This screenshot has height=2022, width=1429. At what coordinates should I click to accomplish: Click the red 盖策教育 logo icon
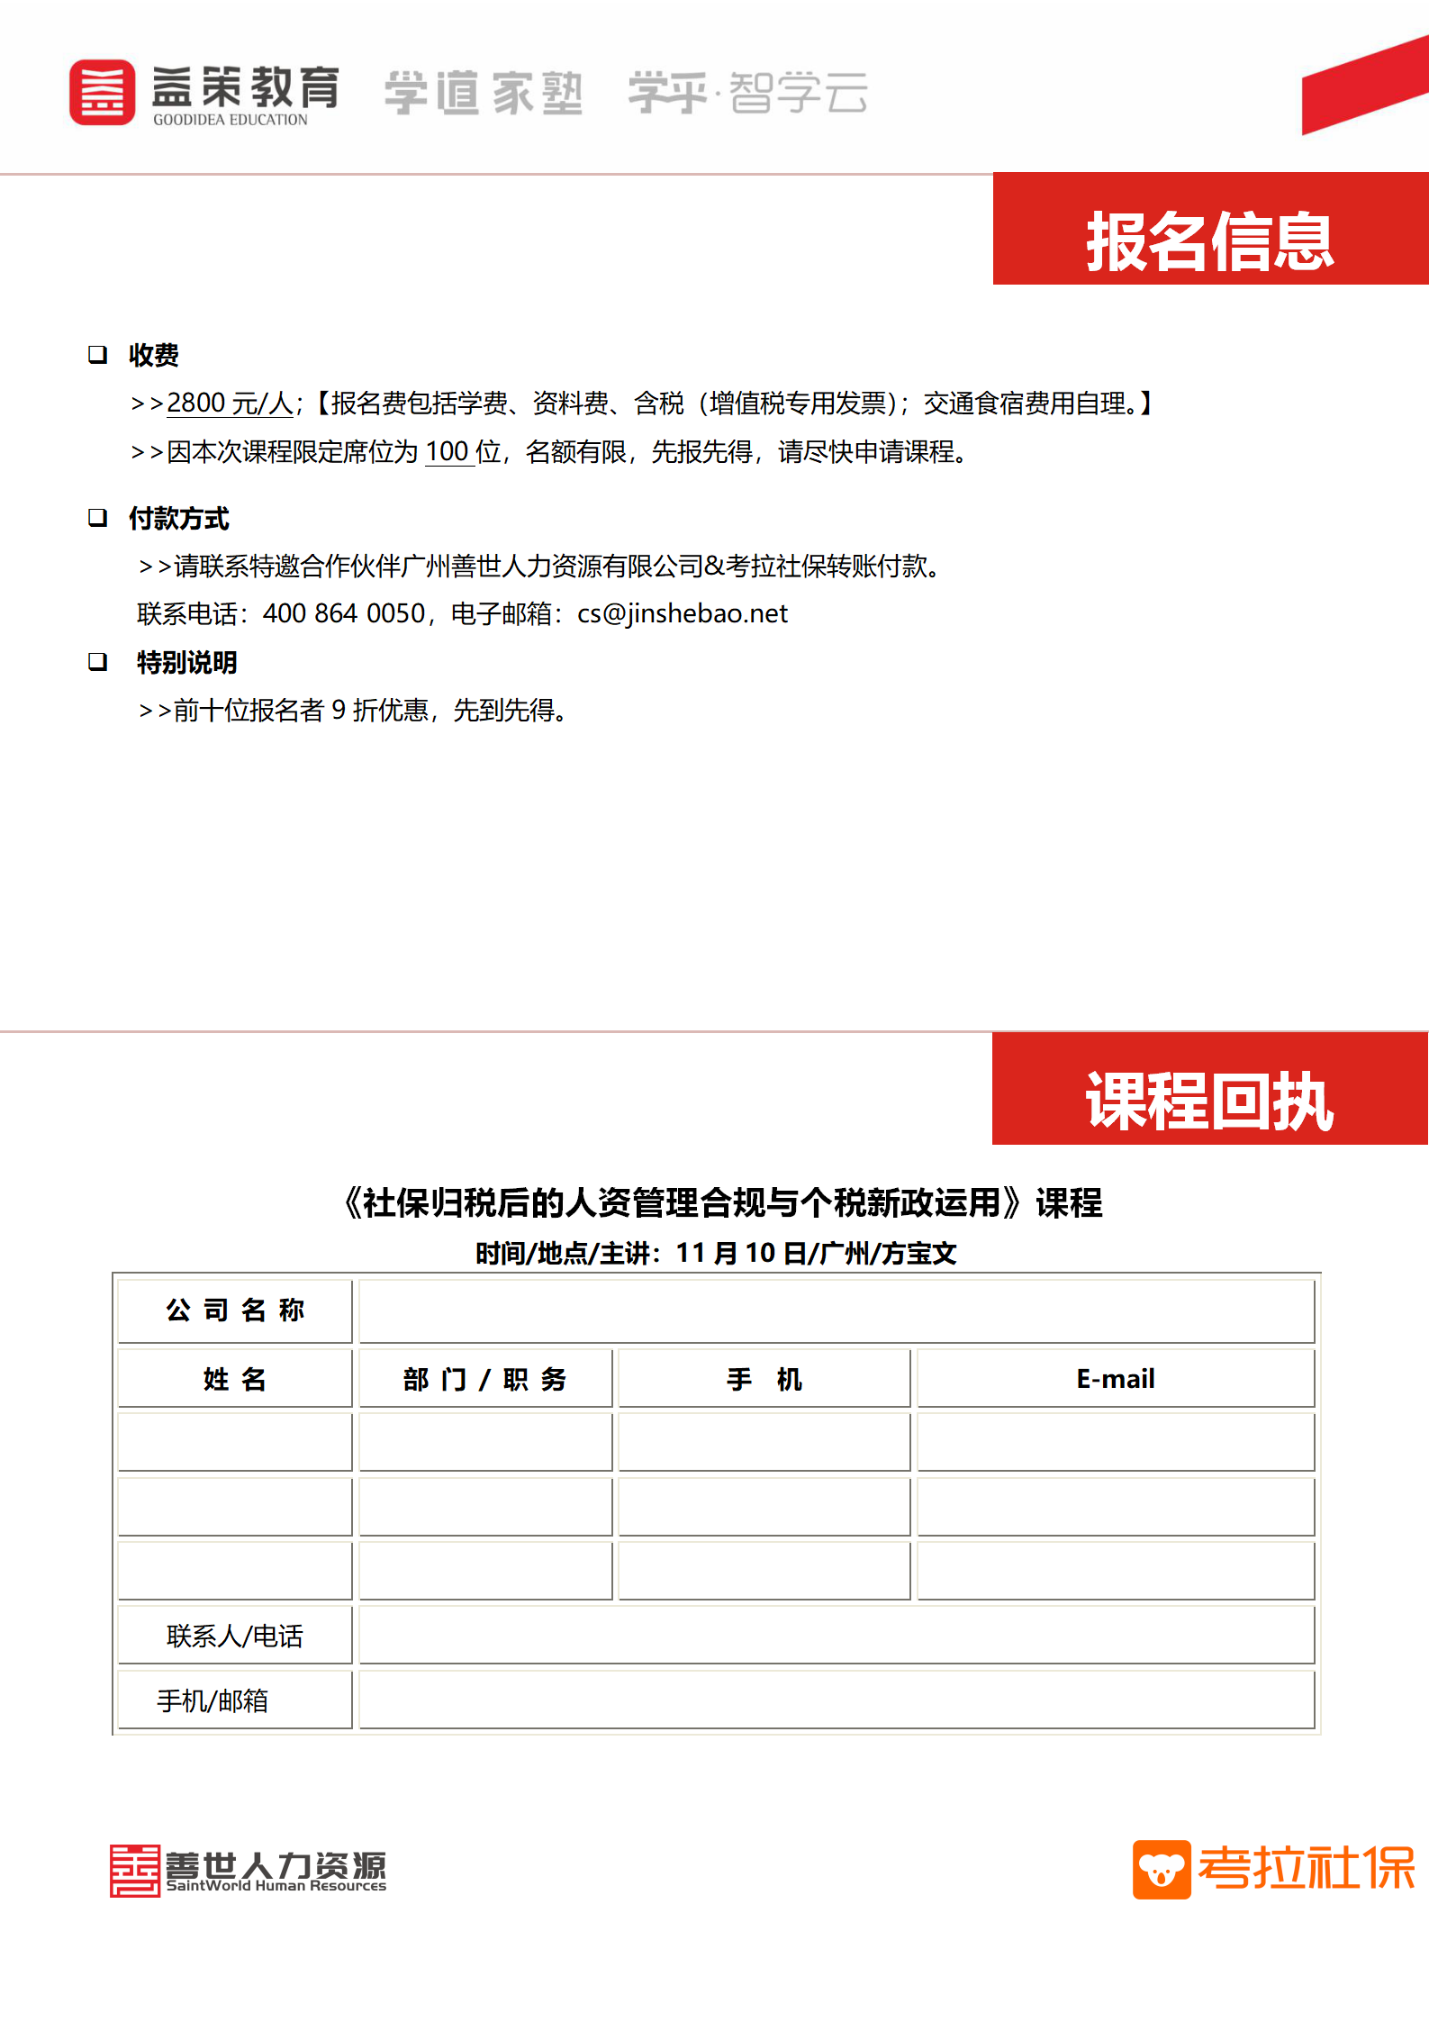[102, 93]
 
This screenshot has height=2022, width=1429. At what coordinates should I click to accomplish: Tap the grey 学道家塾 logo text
[484, 94]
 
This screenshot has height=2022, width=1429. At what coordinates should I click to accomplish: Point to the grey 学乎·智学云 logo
[747, 93]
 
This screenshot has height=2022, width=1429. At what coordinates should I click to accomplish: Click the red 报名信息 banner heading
[1209, 240]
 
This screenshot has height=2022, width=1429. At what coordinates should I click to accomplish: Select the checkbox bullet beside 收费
[97, 355]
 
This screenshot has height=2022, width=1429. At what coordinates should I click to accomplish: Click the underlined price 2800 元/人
[230, 403]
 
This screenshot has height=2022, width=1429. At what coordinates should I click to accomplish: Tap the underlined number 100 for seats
[447, 451]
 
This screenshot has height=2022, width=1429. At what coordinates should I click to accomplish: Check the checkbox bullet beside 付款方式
[97, 518]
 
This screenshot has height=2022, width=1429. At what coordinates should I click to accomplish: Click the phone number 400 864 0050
[343, 613]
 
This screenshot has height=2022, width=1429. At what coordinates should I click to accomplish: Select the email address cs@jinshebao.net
[683, 613]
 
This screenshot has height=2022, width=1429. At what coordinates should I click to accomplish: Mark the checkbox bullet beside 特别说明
[97, 662]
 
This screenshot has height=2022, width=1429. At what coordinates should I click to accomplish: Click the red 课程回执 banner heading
[1209, 1101]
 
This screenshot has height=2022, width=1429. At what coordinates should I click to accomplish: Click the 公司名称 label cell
[235, 1310]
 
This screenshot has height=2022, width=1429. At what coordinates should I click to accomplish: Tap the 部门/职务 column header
[484, 1379]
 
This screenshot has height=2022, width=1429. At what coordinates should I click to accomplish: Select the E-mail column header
[1115, 1379]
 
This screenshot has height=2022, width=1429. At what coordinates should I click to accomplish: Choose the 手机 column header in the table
[764, 1379]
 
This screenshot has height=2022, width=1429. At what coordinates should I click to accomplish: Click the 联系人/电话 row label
[235, 1636]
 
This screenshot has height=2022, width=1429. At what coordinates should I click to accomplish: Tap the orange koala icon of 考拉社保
[1161, 1869]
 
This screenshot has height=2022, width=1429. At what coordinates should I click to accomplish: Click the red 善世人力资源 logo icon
[135, 1871]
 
